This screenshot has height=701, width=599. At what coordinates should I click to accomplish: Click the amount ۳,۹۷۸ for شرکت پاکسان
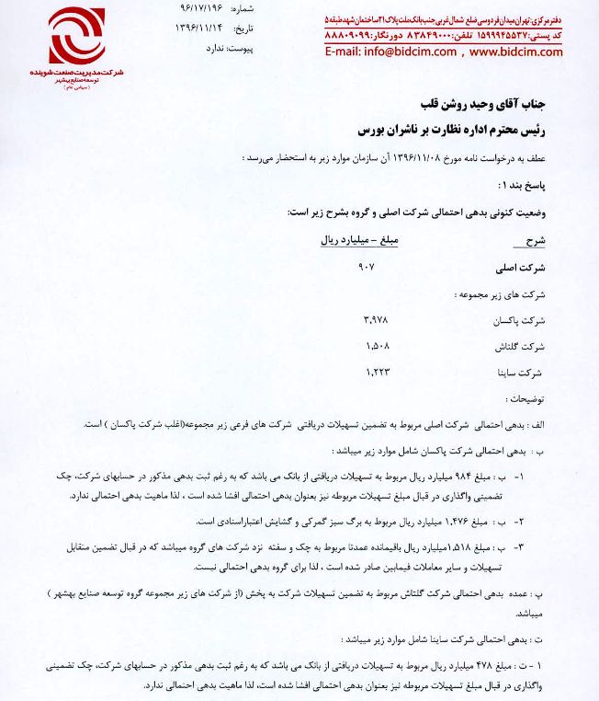click(367, 320)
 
